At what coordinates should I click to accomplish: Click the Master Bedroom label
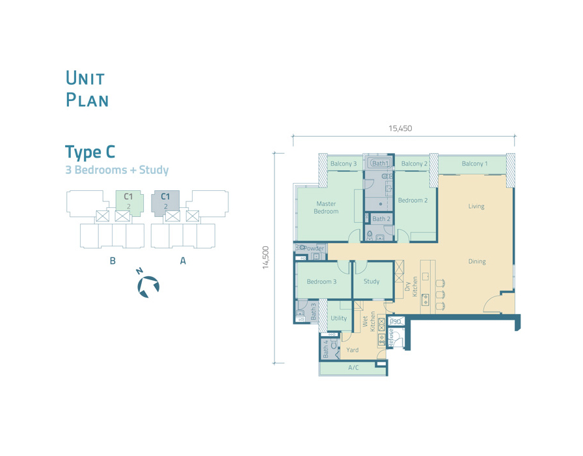click(326, 207)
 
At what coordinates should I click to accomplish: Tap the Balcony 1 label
click(474, 164)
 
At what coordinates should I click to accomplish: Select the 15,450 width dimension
click(400, 128)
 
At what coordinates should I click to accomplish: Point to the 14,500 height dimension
click(265, 257)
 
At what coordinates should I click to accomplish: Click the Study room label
click(372, 281)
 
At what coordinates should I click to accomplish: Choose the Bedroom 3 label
click(321, 281)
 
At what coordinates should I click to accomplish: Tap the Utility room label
click(339, 319)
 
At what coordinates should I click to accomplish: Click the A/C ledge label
click(353, 368)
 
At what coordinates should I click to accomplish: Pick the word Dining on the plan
click(477, 262)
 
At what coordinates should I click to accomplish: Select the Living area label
click(476, 207)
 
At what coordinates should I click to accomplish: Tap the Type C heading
click(90, 152)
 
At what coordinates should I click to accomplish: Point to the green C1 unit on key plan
click(129, 203)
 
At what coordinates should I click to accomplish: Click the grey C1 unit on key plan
click(165, 203)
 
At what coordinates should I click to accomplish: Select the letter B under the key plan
click(113, 261)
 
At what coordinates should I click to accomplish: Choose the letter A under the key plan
click(183, 261)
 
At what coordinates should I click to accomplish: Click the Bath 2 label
click(381, 219)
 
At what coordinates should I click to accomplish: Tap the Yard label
click(353, 350)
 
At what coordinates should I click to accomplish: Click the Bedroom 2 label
click(413, 200)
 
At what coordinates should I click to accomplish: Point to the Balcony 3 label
click(344, 164)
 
